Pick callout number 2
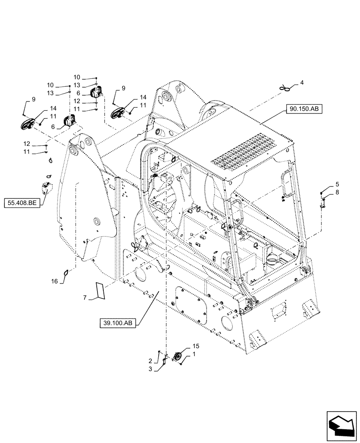150,361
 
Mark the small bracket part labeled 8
324,202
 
